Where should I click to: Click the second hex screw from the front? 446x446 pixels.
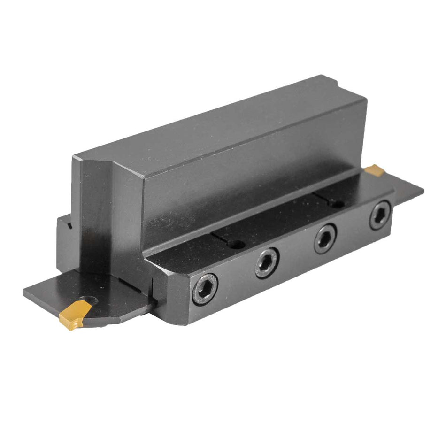[x=267, y=263]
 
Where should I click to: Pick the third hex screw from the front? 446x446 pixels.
[x=325, y=238]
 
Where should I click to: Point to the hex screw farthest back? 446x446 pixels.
[x=380, y=215]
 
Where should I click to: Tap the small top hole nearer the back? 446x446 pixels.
[x=337, y=204]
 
